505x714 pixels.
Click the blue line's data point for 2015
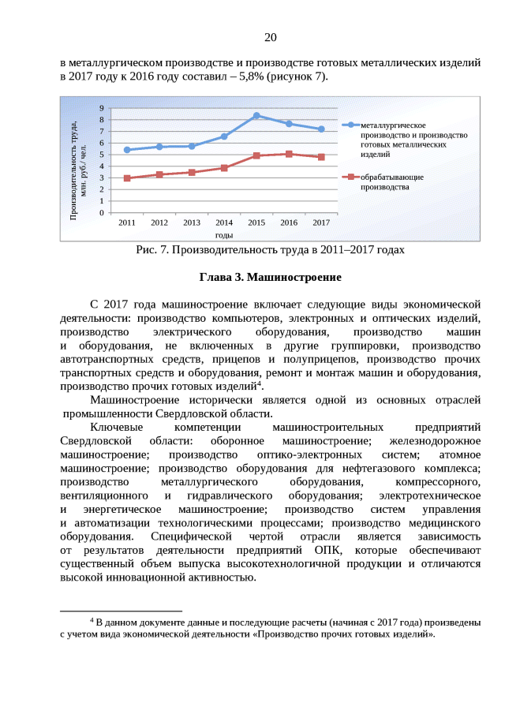[x=256, y=115]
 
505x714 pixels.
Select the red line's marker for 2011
[x=127, y=178]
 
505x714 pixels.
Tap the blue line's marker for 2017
[x=321, y=129]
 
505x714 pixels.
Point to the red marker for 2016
[x=289, y=154]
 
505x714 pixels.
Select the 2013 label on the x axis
[x=192, y=223]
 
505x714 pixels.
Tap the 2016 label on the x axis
[x=289, y=223]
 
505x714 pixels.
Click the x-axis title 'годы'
[x=223, y=235]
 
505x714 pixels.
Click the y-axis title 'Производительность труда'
[x=77, y=169]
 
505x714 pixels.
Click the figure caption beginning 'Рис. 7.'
[x=270, y=251]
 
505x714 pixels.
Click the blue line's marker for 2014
[x=224, y=136]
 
